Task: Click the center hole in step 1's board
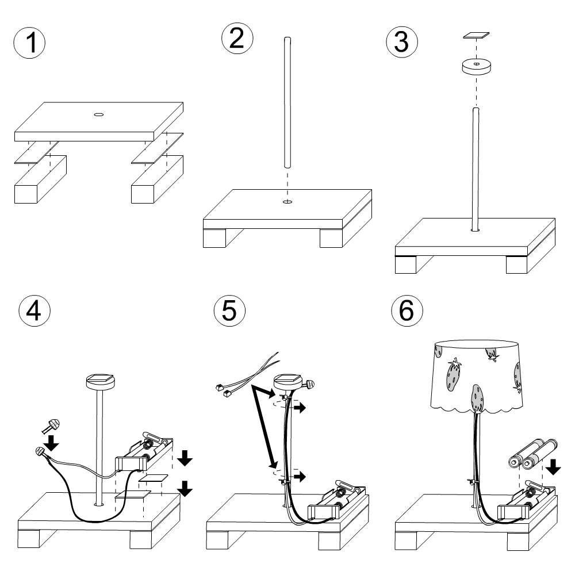pos(98,114)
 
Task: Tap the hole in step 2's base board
pos(287,202)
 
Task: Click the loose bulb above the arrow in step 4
pos(52,426)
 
